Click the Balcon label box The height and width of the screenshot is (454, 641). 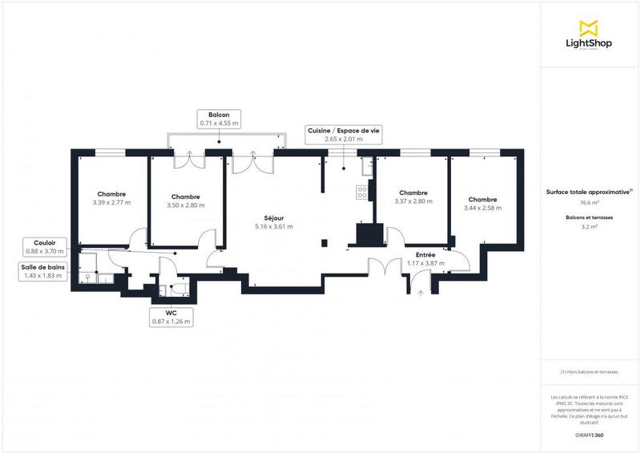[x=219, y=120]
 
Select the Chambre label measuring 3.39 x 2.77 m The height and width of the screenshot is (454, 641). [x=111, y=198]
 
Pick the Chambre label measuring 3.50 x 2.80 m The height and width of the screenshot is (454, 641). [x=185, y=201]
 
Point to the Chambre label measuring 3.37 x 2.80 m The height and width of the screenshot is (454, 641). [x=413, y=197]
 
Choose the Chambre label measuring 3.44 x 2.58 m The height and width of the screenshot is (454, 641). [x=482, y=204]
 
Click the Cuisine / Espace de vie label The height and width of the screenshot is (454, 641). [x=344, y=134]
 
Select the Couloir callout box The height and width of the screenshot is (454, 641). [x=44, y=246]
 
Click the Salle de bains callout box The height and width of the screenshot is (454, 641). [x=44, y=271]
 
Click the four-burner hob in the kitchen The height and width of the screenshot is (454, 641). [x=361, y=193]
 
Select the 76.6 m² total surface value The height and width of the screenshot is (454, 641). [x=589, y=203]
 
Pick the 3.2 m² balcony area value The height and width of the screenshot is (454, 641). [x=589, y=227]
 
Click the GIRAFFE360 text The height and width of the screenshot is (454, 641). [x=589, y=433]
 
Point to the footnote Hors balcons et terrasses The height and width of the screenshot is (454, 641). [x=589, y=371]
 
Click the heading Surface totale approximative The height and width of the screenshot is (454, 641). [x=589, y=191]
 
